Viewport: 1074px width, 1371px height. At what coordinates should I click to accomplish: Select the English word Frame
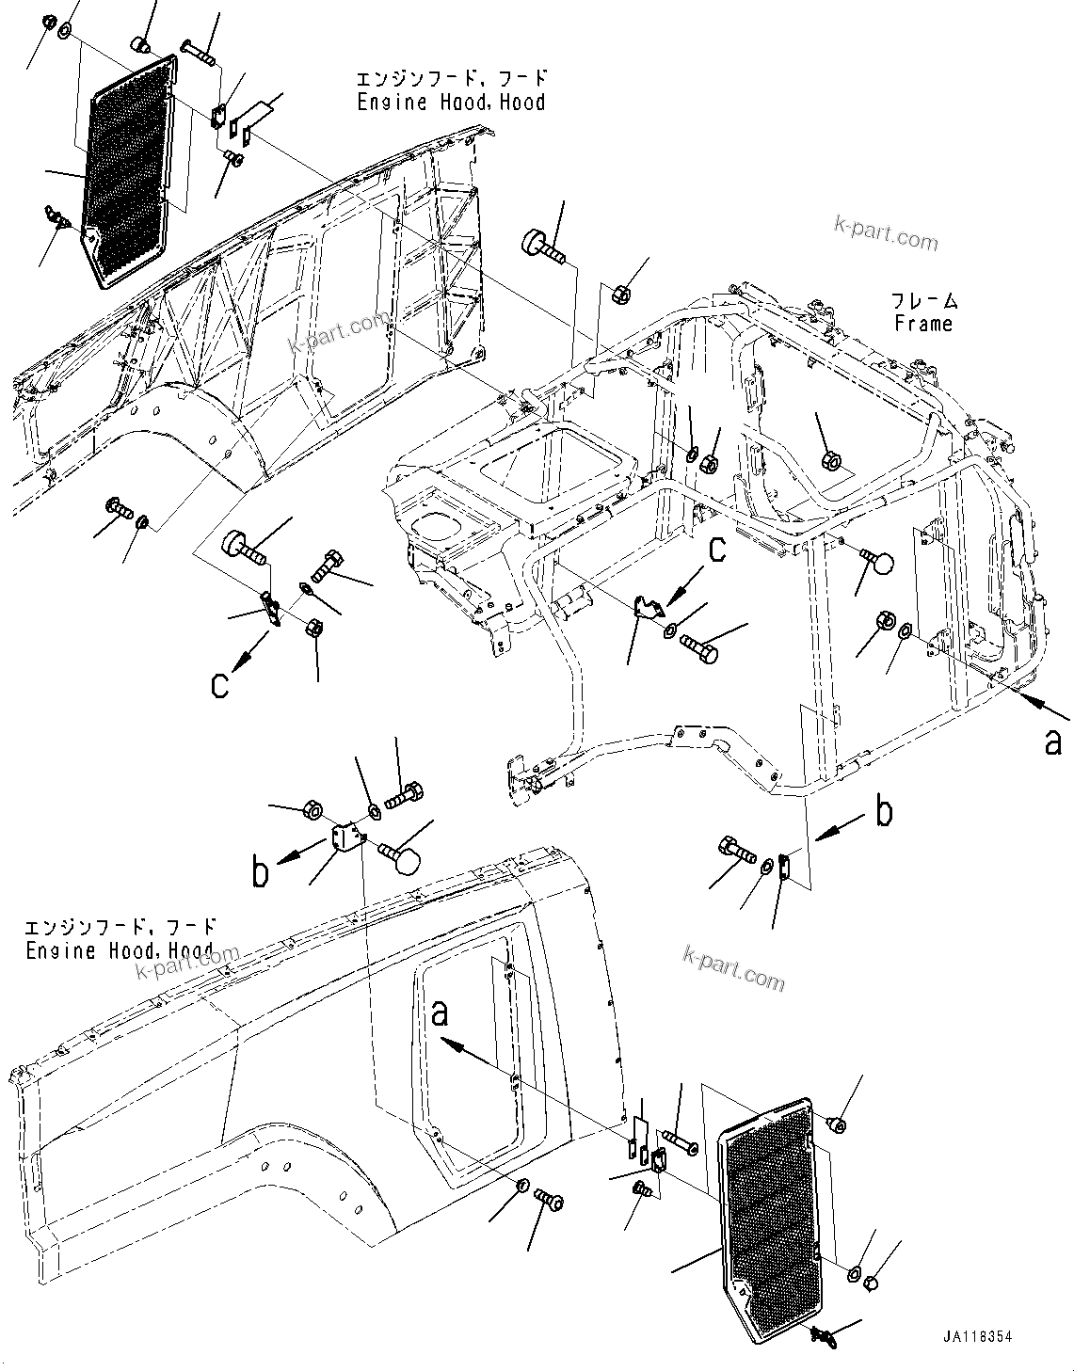(x=923, y=324)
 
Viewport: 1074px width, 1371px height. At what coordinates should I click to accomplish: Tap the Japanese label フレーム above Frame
(x=924, y=301)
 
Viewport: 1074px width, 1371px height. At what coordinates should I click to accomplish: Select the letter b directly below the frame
(x=883, y=812)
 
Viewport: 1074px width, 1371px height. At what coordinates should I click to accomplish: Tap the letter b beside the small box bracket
(x=261, y=872)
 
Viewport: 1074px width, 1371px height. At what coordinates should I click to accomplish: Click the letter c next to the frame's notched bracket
(x=717, y=549)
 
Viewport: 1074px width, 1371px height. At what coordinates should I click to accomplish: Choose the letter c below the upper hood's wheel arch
(x=219, y=684)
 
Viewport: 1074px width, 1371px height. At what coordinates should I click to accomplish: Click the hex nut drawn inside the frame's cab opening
(x=831, y=460)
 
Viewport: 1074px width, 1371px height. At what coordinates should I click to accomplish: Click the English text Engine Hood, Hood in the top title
(x=451, y=102)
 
